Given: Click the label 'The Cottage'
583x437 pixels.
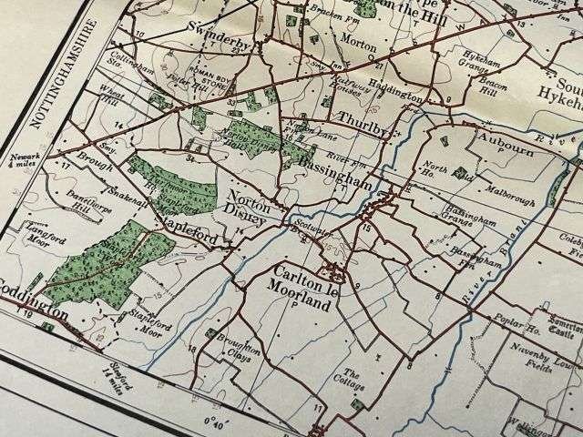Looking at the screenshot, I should (x=351, y=379).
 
